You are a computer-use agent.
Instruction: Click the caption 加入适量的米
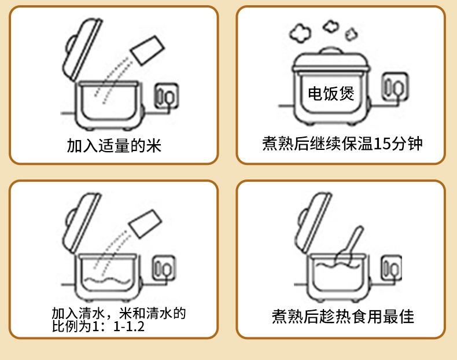coord(114,145)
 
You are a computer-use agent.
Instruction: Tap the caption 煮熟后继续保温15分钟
coord(342,143)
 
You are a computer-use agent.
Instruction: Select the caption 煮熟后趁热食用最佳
coord(343,316)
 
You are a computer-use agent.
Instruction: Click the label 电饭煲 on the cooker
coord(330,94)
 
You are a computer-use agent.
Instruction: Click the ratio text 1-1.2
coord(130,326)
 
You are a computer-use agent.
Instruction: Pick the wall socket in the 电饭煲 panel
coord(396,89)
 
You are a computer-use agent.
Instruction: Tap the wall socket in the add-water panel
coord(164,270)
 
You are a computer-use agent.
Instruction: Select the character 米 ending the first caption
coord(153,145)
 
